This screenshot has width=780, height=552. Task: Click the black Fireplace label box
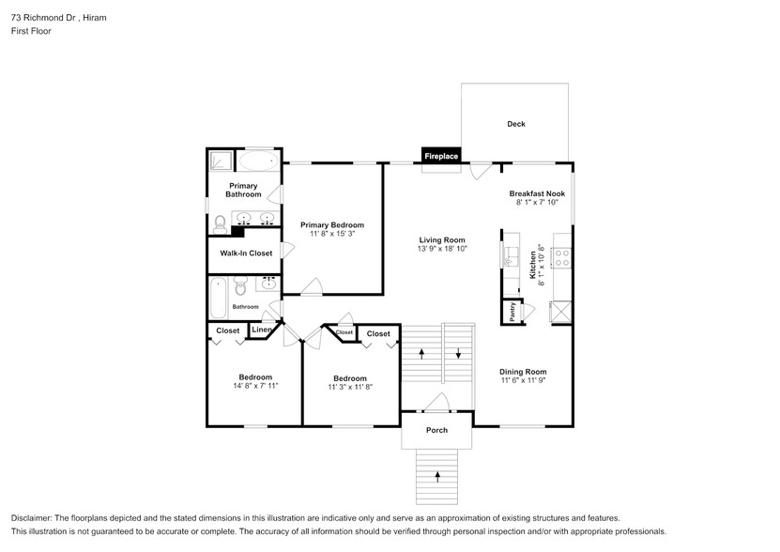tap(441, 156)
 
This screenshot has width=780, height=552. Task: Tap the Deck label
tap(516, 124)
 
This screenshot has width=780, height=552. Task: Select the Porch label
tap(436, 430)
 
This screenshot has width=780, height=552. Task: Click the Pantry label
tap(512, 312)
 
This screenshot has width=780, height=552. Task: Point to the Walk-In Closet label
tap(246, 253)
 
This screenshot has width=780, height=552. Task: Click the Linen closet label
tap(261, 330)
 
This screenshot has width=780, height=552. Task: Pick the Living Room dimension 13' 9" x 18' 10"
tap(442, 249)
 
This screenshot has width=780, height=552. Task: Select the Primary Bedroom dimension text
tap(331, 234)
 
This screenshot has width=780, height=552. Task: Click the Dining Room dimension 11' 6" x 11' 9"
tap(524, 380)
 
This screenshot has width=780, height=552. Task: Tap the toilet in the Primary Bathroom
tap(220, 224)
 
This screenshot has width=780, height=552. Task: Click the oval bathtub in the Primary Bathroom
tap(258, 161)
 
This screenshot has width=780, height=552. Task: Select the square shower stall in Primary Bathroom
tap(222, 161)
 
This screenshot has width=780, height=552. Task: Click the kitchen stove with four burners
tap(562, 258)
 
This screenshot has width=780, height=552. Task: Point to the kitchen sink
tap(510, 257)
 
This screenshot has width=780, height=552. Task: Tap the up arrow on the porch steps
tap(437, 477)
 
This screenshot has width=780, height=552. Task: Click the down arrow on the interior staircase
tap(458, 353)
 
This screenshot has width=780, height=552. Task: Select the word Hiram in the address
tap(95, 18)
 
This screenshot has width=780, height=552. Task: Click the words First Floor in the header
tap(31, 31)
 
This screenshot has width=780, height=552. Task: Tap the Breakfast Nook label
tap(537, 193)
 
